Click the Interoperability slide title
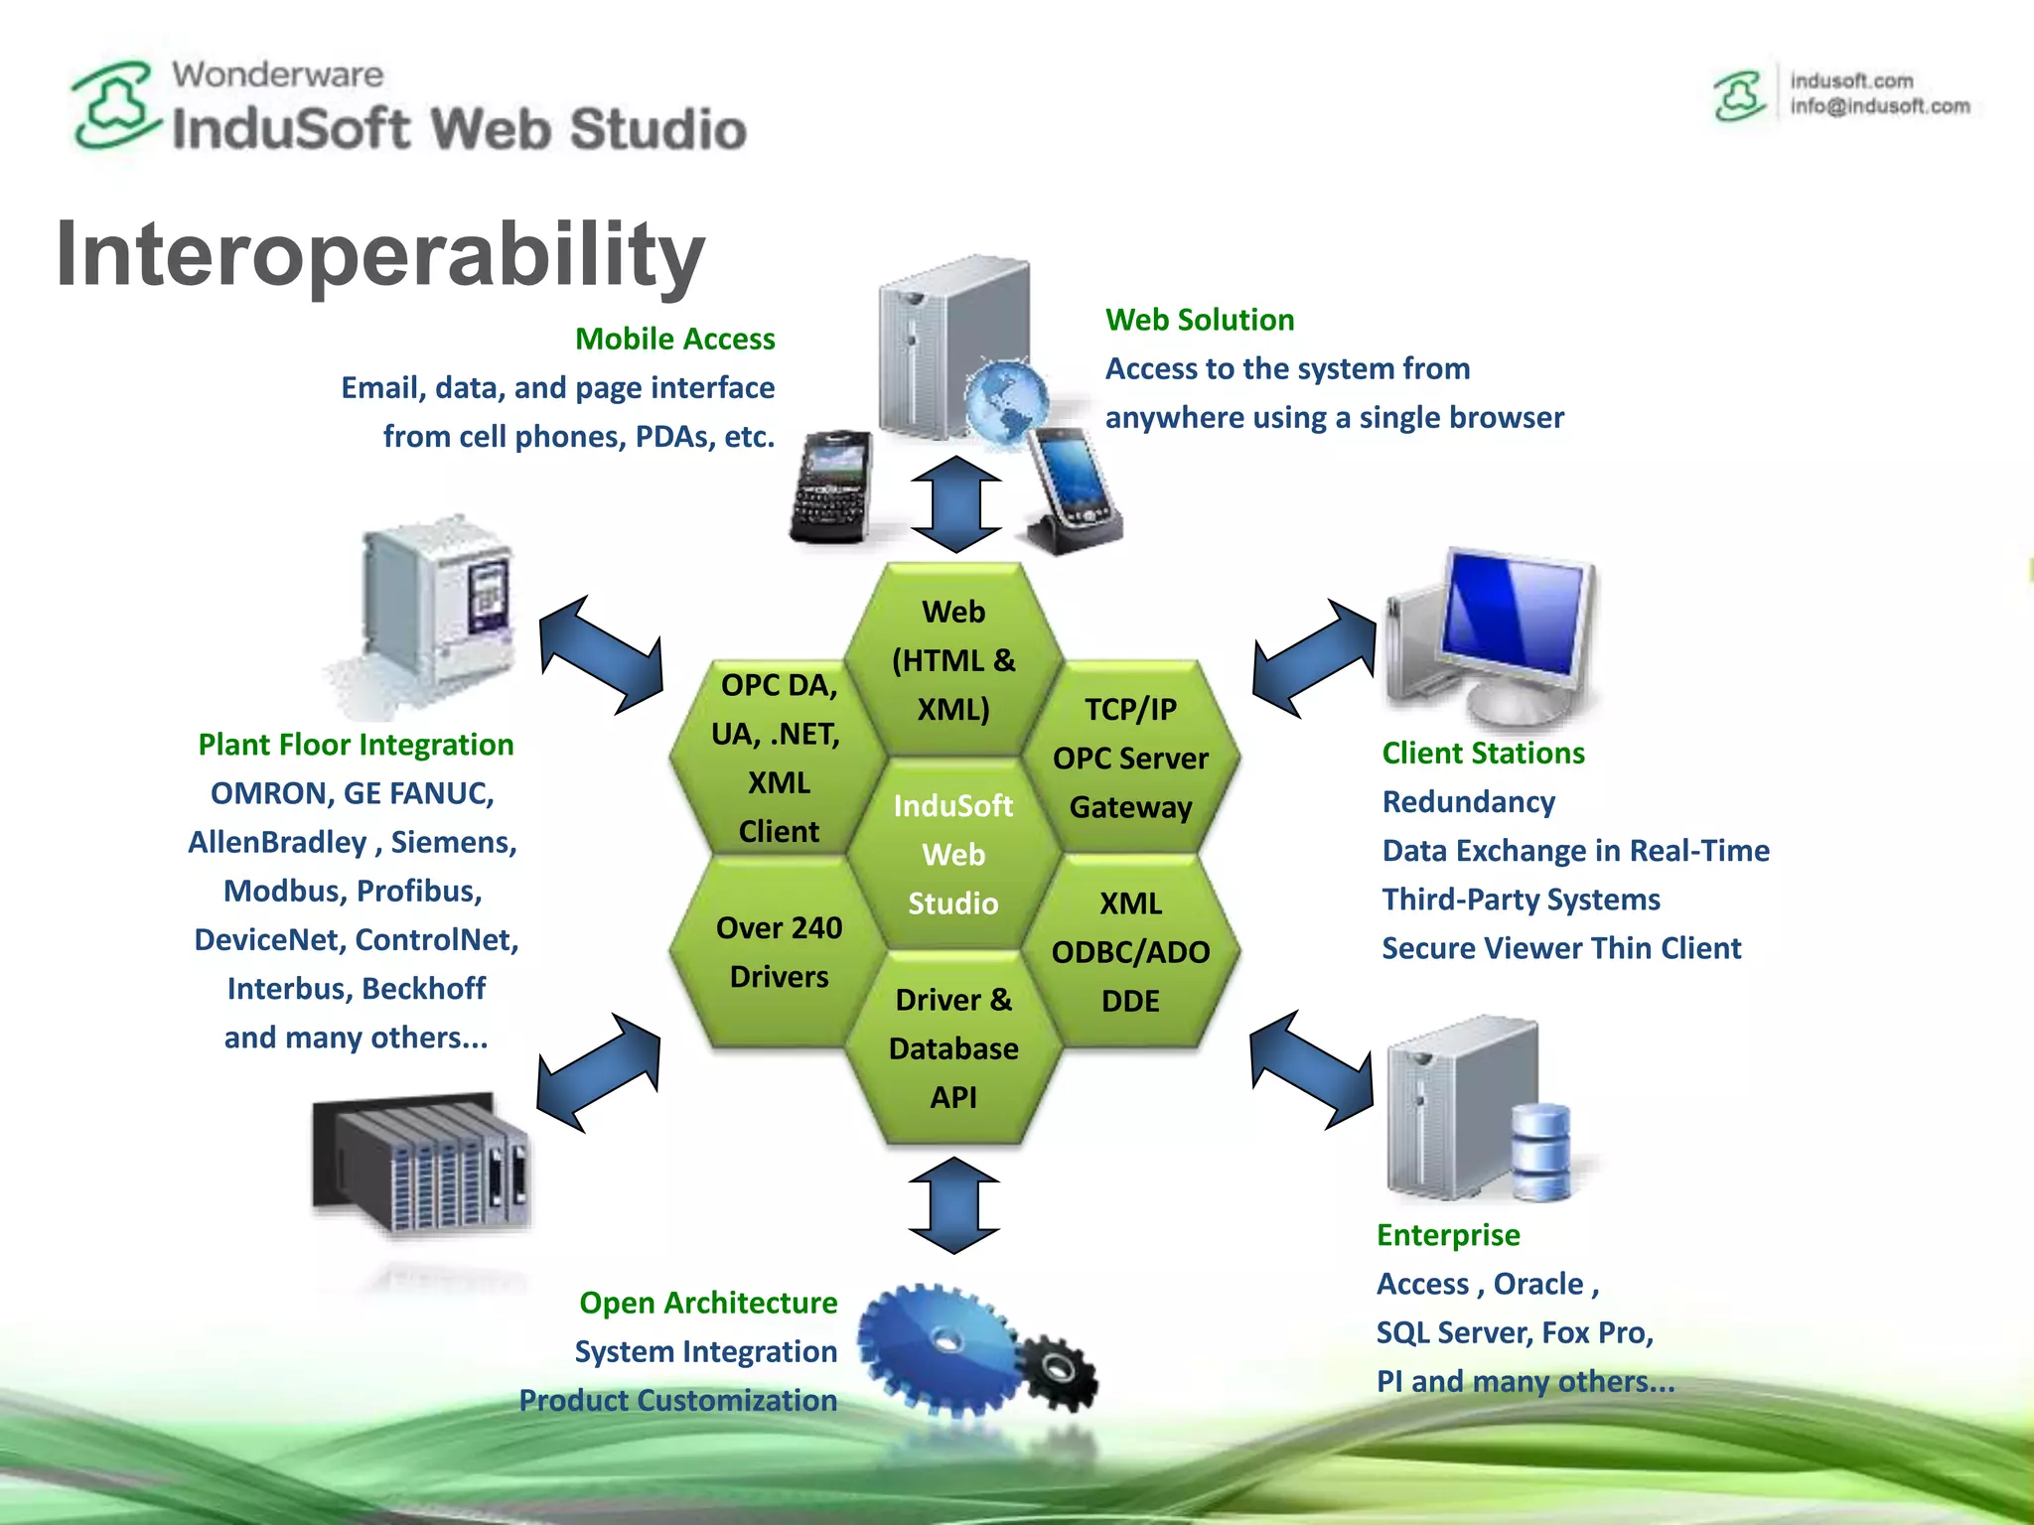coord(380,254)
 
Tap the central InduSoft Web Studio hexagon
coord(952,854)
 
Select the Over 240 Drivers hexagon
coord(779,952)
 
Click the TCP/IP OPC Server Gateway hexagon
coord(1130,758)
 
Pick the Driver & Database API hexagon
coord(952,1048)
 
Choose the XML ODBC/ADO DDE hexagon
coord(1130,952)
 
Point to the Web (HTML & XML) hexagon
coord(952,660)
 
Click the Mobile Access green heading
coord(674,340)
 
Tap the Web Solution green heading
coord(1199,320)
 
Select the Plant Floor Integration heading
coord(356,745)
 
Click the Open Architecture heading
coord(707,1303)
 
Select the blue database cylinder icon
coord(1539,1152)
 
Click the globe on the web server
coord(1005,402)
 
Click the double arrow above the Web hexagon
coord(955,504)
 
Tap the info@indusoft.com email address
coord(1879,106)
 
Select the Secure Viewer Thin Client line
coord(1560,948)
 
